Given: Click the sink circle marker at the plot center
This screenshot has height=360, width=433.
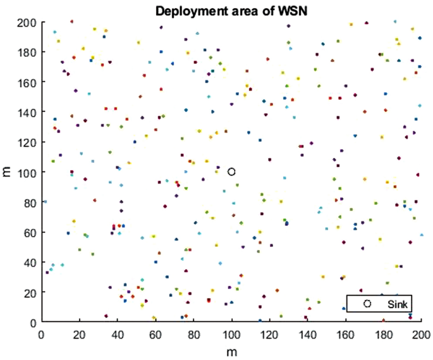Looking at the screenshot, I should tap(232, 171).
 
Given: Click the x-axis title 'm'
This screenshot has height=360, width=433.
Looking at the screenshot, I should tap(232, 349).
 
